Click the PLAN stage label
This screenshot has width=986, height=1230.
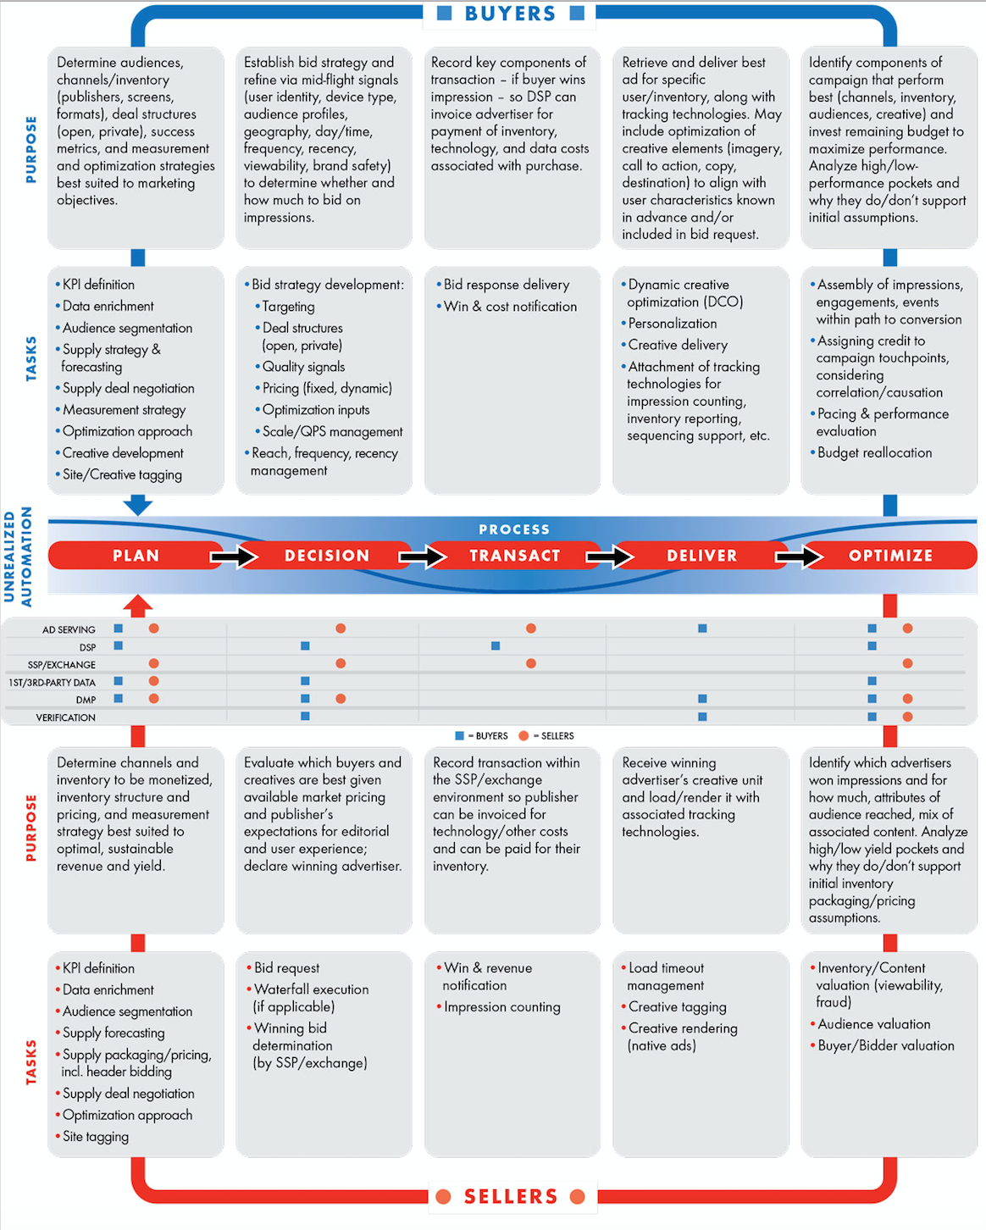(x=136, y=556)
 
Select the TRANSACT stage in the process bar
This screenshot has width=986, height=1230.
(x=514, y=556)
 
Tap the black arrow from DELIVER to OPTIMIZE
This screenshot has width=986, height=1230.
(x=799, y=557)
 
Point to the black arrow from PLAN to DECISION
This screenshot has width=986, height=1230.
(x=234, y=557)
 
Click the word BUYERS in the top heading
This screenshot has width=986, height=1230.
(x=510, y=14)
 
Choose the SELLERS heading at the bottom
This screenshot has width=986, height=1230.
(x=511, y=1196)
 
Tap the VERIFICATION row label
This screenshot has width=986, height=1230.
(x=66, y=717)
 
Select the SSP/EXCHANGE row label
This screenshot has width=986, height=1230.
(x=62, y=665)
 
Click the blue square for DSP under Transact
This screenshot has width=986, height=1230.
(x=496, y=645)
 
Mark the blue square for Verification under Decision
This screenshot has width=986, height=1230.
(x=305, y=716)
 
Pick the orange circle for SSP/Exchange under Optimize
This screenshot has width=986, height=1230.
(x=907, y=663)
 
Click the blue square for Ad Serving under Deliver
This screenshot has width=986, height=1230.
(x=702, y=629)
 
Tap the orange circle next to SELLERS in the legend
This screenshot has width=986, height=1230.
(x=523, y=735)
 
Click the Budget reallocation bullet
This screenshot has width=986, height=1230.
(x=871, y=452)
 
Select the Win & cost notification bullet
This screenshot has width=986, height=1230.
(x=507, y=307)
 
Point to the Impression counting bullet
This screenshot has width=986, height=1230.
(x=498, y=1007)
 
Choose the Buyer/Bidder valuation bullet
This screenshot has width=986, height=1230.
(x=882, y=1046)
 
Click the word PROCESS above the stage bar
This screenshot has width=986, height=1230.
(x=514, y=529)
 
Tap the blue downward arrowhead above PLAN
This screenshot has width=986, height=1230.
(x=138, y=506)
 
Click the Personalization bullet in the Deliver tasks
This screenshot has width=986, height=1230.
(x=668, y=324)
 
